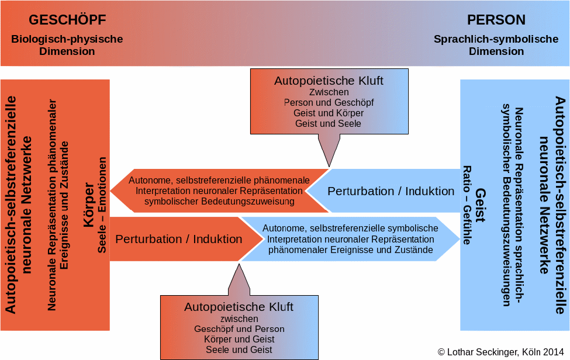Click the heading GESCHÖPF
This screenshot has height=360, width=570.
(x=67, y=20)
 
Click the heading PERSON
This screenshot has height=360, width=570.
(x=496, y=20)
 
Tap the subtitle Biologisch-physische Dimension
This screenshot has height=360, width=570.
(x=67, y=45)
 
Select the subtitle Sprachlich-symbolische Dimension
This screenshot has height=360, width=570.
(x=496, y=45)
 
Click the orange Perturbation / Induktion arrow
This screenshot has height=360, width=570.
(x=178, y=239)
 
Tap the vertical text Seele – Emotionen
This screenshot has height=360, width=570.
(x=102, y=205)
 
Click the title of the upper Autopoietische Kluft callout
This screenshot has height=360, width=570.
(x=329, y=81)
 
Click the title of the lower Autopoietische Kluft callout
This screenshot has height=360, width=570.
(x=239, y=307)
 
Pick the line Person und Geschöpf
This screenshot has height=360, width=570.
(x=329, y=102)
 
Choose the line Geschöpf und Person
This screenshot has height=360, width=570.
(x=239, y=329)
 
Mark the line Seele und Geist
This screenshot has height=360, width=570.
(x=239, y=349)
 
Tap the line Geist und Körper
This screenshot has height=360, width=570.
(x=329, y=113)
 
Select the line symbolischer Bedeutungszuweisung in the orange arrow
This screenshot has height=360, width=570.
(x=219, y=202)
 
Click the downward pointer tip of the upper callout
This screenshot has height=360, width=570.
(x=329, y=165)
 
